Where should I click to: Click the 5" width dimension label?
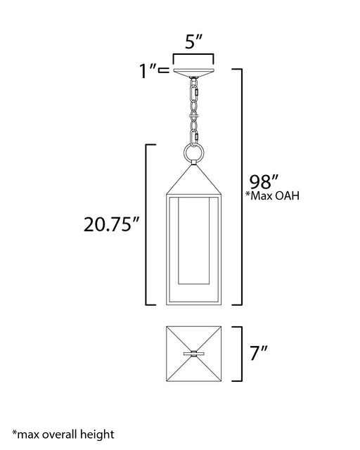[x=193, y=41]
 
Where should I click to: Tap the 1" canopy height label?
[x=148, y=71]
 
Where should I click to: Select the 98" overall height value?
[x=264, y=181]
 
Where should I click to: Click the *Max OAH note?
[x=272, y=195]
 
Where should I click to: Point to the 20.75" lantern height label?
[x=111, y=224]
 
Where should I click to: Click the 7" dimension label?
[x=259, y=353]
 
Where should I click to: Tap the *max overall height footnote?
[x=63, y=435]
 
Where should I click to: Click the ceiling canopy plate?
[x=193, y=72]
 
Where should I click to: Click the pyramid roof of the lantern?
[x=193, y=180]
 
